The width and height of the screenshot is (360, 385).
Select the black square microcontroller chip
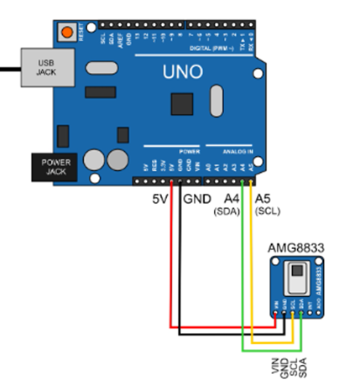[x=181, y=103]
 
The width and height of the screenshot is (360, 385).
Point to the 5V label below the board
[x=162, y=200]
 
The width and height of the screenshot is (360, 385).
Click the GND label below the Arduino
[x=196, y=200]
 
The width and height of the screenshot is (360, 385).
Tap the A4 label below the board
[x=232, y=199]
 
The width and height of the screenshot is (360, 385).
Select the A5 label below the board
[x=263, y=199]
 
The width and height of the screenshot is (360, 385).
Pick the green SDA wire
[x=243, y=268]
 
